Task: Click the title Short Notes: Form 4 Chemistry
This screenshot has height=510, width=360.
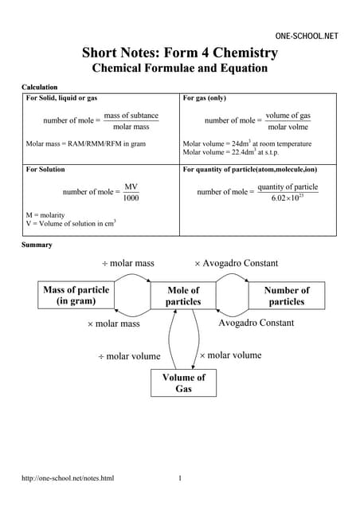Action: [x=180, y=53]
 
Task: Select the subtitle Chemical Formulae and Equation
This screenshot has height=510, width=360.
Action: [x=180, y=69]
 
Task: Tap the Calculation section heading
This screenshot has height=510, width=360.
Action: [x=39, y=86]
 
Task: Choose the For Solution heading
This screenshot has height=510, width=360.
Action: [x=45, y=170]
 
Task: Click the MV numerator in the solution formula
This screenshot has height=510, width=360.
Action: [x=131, y=186]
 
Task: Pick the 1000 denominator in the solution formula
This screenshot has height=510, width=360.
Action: [x=131, y=198]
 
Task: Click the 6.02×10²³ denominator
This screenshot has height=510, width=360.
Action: [x=288, y=198]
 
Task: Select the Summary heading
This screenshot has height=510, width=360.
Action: [x=37, y=245]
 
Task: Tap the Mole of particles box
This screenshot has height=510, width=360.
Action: [x=182, y=296]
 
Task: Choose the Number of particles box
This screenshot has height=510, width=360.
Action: [x=286, y=296]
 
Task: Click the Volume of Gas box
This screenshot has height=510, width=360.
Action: [x=183, y=383]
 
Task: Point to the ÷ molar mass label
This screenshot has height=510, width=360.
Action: [x=127, y=263]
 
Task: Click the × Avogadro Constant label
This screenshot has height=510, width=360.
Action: [x=237, y=263]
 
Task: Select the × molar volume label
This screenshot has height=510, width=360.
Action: [x=230, y=355]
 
